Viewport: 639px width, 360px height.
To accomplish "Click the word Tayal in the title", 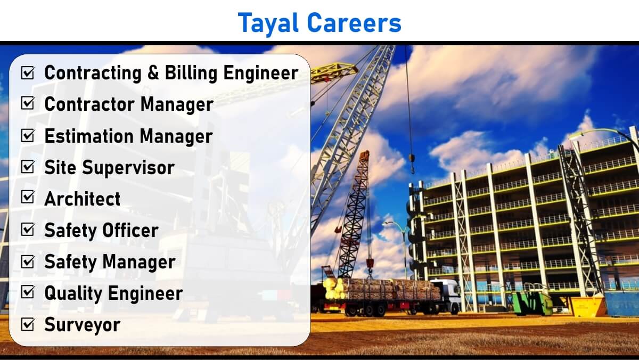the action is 268,23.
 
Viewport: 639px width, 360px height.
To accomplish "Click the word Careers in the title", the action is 354,22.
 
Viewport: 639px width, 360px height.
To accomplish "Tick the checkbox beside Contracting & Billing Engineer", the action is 28,73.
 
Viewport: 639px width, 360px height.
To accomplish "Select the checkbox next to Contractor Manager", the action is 28,103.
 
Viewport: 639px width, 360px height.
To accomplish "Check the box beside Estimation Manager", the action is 28,135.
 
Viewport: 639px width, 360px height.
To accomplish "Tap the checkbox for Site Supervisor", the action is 28,167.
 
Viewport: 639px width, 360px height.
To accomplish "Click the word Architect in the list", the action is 83,199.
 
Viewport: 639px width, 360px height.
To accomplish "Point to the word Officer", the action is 130,230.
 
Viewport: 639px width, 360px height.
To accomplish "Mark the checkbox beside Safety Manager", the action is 28,261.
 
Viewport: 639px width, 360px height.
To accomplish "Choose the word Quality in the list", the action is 73,294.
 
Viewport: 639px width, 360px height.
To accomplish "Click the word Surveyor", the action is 83,325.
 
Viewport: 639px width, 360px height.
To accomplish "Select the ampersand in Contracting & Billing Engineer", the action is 153,73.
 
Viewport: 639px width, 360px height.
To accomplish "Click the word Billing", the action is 191,73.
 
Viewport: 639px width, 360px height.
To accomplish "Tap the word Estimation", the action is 89,136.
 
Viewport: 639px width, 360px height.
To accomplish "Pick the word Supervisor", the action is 128,168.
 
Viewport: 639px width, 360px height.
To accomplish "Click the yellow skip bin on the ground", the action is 588,306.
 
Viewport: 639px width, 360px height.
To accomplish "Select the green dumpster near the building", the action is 532,304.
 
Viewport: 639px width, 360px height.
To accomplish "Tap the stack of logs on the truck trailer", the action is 382,289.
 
